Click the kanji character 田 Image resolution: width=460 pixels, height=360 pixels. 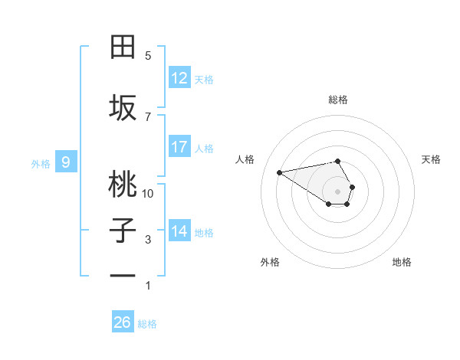[123, 47]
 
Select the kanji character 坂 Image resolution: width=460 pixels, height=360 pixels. [123, 107]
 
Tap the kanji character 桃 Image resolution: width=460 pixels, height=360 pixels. [123, 184]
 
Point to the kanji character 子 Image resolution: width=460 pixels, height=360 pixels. [123, 231]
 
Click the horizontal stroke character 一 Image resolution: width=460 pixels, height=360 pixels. [123, 276]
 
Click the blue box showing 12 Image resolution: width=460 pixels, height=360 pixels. [179, 78]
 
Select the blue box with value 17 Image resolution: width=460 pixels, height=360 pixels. [179, 147]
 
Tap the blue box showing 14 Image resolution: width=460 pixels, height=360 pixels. [179, 231]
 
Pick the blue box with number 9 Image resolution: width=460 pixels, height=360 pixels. [66, 162]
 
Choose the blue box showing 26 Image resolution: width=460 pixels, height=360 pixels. [122, 322]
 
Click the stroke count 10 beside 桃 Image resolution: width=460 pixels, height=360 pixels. [148, 194]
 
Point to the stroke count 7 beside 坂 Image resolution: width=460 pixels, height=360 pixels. [148, 116]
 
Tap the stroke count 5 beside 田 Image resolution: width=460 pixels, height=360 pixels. [148, 56]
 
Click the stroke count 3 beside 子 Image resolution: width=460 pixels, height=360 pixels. [148, 240]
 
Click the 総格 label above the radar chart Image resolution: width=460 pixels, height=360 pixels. [337, 100]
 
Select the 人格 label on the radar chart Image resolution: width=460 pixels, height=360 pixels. [245, 159]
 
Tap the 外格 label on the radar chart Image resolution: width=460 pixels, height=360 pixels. [270, 262]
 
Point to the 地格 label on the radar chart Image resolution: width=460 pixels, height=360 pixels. [402, 262]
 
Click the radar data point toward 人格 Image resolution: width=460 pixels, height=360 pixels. [279, 172]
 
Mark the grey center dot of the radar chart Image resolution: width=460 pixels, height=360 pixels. [337, 191]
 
